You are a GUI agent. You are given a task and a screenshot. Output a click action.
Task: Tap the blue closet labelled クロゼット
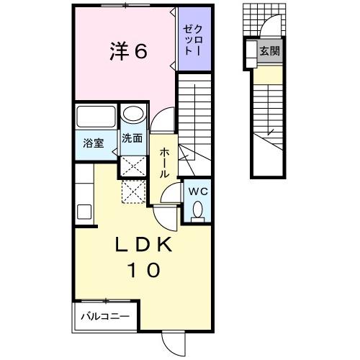[194, 40]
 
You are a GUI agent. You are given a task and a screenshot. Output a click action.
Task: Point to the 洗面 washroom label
[131, 138]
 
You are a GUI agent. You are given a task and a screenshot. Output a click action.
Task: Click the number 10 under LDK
[143, 271]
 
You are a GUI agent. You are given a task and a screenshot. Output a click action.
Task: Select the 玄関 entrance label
[270, 51]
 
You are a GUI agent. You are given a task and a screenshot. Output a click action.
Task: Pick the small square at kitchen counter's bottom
[84, 212]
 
